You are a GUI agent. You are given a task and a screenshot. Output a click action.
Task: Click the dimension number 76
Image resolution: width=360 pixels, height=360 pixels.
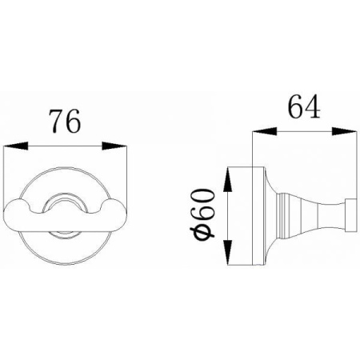pyautogui.click(x=66, y=122)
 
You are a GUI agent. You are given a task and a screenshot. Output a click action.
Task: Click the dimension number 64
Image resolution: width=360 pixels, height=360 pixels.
pyautogui.click(x=304, y=106)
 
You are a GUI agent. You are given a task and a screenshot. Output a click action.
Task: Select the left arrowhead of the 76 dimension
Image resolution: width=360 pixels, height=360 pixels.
pyautogui.click(x=16, y=146)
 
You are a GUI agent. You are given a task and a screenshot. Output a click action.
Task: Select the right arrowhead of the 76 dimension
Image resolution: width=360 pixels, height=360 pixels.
pyautogui.click(x=114, y=146)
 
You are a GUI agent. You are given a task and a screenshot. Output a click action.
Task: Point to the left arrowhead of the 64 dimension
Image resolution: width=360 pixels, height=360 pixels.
pyautogui.click(x=264, y=131)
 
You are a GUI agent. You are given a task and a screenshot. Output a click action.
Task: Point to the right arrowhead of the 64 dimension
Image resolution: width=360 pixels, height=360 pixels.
pyautogui.click(x=344, y=131)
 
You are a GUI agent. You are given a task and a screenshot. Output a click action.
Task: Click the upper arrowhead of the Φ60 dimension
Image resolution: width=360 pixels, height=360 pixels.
pyautogui.click(x=227, y=179)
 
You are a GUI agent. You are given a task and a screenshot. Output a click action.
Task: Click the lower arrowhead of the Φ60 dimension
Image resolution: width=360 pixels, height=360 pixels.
pyautogui.click(x=227, y=252)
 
